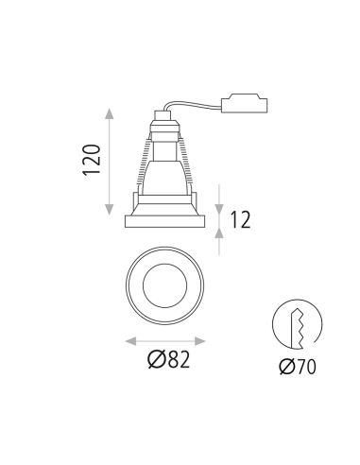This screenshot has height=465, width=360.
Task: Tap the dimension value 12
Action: click(x=240, y=220)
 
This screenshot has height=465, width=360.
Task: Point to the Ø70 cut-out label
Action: click(x=297, y=367)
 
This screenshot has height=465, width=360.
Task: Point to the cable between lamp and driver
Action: click(x=194, y=103)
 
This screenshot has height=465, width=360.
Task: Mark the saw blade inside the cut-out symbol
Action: click(x=298, y=326)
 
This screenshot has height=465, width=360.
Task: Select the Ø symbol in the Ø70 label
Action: click(x=285, y=367)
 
